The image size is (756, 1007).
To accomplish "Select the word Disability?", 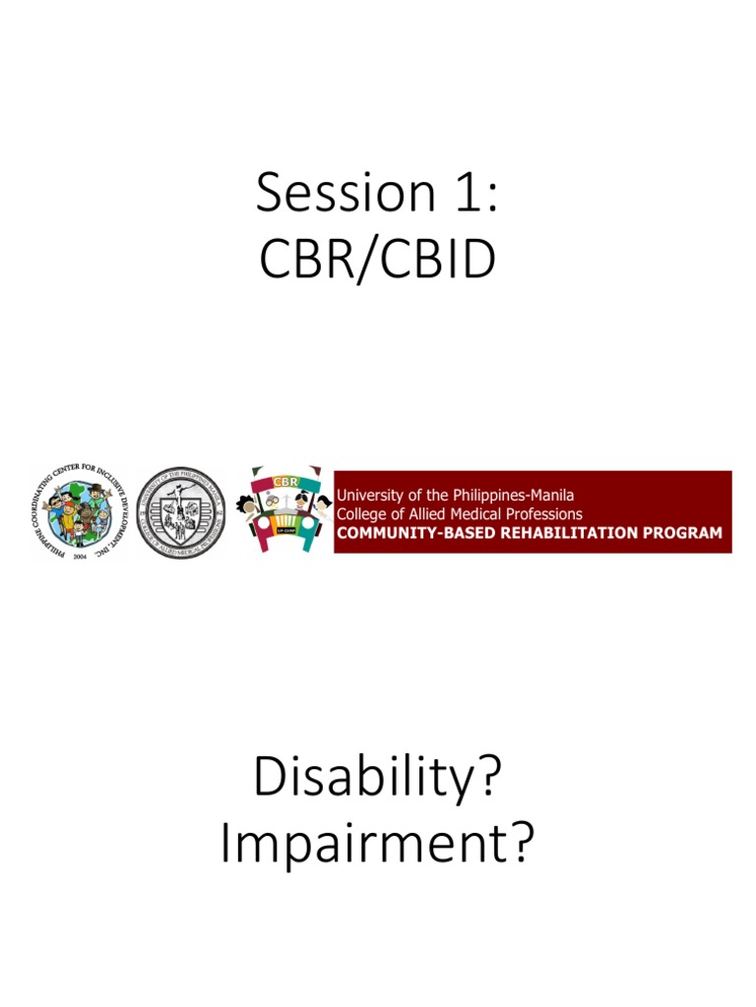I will tap(377, 779).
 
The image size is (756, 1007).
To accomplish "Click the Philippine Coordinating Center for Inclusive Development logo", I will tap(80, 512).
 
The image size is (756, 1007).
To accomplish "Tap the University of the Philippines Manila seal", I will tap(181, 512).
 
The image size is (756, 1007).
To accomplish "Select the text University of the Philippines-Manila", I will tap(456, 496).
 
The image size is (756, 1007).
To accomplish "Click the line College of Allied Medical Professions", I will tap(460, 514).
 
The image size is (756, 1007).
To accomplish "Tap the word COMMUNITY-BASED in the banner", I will tap(404, 533).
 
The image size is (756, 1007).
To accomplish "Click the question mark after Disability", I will tap(488, 779).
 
